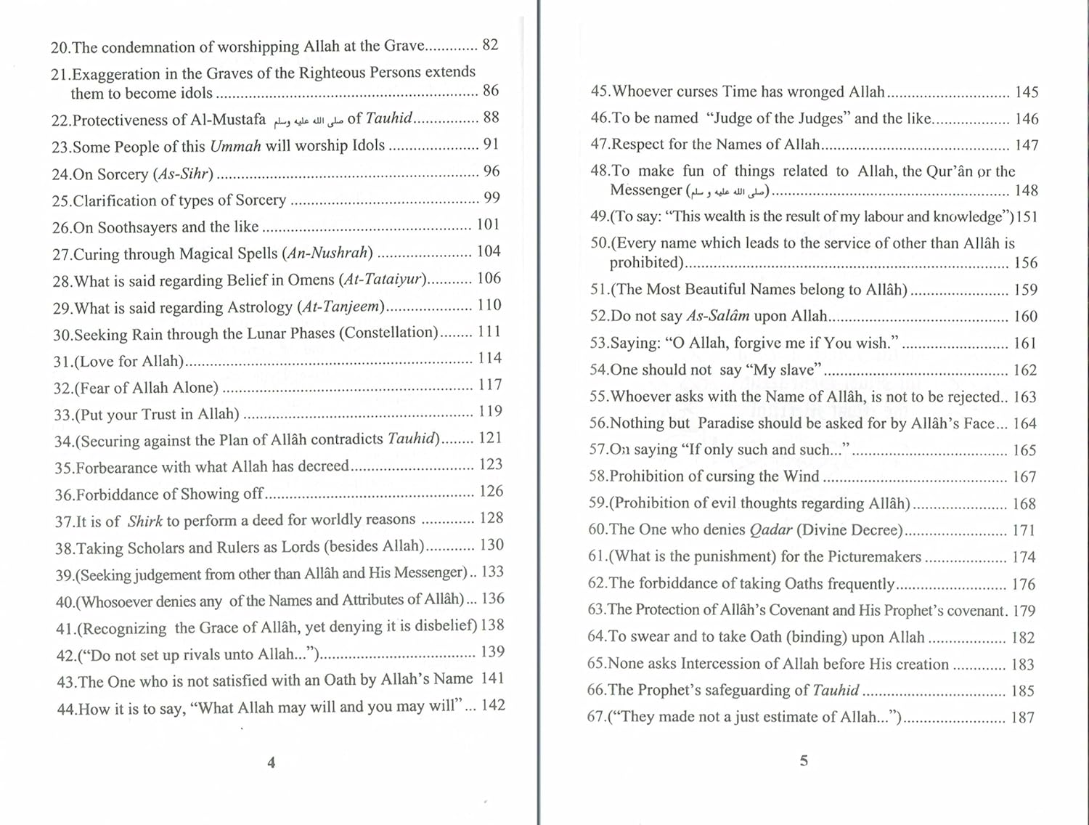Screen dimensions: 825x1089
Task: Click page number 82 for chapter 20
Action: click(x=491, y=45)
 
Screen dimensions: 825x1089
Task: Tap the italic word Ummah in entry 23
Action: click(x=235, y=146)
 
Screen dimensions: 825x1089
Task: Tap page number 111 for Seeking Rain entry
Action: click(x=489, y=332)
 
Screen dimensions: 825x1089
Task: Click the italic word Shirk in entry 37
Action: click(x=145, y=521)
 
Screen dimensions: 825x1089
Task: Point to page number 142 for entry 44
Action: click(x=493, y=705)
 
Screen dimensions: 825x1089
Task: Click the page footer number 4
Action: click(x=272, y=763)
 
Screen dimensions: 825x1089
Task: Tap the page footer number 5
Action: click(x=804, y=761)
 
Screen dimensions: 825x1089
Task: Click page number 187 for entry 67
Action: click(x=1022, y=718)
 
